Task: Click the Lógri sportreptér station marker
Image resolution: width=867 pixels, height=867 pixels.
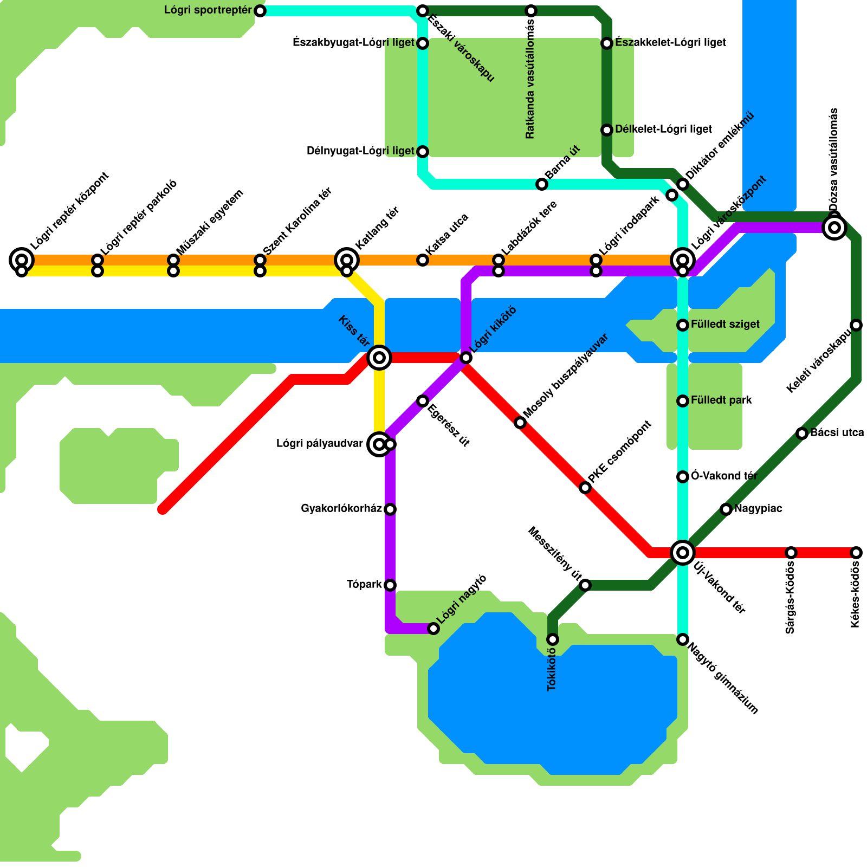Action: (x=260, y=11)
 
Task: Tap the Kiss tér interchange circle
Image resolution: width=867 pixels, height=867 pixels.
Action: (x=379, y=358)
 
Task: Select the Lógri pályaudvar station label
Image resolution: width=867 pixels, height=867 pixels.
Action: (x=319, y=444)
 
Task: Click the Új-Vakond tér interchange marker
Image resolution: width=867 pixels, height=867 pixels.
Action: (x=683, y=553)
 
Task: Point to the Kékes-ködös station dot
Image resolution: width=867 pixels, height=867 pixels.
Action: (x=856, y=553)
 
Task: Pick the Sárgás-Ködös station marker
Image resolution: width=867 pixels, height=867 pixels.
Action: (x=791, y=553)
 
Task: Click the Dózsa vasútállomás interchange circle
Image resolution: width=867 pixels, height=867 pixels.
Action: (x=834, y=228)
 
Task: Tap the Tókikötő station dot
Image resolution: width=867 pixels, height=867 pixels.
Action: (x=553, y=639)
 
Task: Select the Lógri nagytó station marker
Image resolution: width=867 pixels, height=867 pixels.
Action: (x=433, y=629)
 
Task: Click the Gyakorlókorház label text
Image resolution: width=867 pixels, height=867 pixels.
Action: (x=341, y=509)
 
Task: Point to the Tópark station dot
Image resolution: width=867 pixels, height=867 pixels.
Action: (x=390, y=585)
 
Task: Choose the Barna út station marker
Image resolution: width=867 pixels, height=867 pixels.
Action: (x=542, y=184)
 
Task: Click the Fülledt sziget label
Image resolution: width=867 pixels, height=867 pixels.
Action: (x=725, y=325)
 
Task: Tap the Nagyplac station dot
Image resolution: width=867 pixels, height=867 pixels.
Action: (x=726, y=509)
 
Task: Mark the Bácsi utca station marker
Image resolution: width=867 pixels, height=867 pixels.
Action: (x=802, y=433)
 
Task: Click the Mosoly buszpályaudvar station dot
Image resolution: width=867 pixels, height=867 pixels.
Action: (x=520, y=423)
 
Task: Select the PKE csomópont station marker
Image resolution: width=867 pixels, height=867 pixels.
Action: (x=585, y=488)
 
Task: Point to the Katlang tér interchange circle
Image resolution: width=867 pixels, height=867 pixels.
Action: (x=347, y=260)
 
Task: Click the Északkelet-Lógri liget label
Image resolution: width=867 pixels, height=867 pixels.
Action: (x=670, y=43)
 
